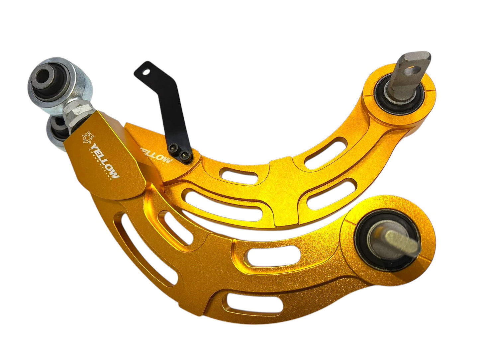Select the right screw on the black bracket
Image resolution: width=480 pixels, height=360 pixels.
click(x=182, y=154)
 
